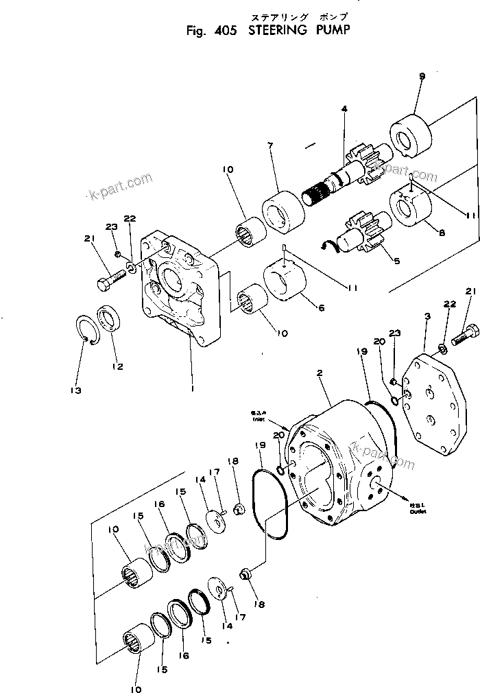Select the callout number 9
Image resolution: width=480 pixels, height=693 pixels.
[x=422, y=76]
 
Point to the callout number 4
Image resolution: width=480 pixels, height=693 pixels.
[x=344, y=109]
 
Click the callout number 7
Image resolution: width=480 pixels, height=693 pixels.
[x=271, y=145]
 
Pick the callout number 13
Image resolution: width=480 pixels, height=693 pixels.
[x=75, y=390]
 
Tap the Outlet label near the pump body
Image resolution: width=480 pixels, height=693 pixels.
[x=416, y=508]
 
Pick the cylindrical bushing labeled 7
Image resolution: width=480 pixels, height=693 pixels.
[x=283, y=207]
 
